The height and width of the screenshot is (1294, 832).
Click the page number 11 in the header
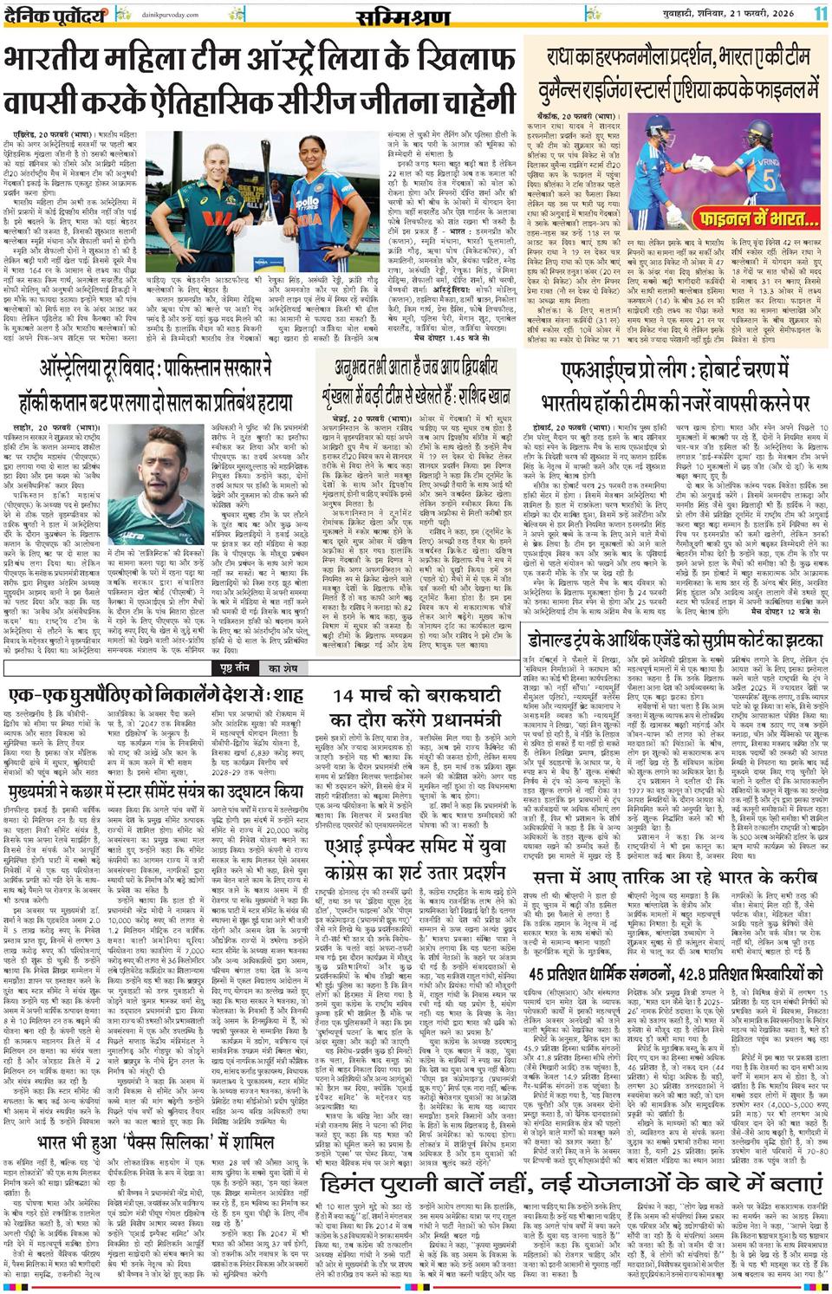pos(820,13)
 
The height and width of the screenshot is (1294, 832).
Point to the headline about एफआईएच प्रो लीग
pos(674,392)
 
